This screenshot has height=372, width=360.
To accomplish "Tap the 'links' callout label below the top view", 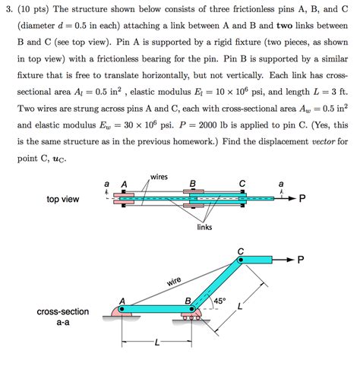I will tap(204, 227).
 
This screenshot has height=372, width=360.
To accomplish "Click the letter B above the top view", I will tap(193, 184).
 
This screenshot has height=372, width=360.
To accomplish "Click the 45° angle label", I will tap(220, 301).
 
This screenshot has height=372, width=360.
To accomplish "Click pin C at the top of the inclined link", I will tap(242, 260).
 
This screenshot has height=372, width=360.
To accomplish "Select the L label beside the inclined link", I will tap(240, 307).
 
